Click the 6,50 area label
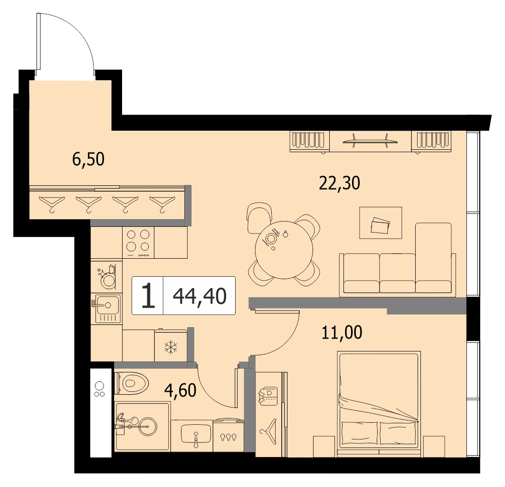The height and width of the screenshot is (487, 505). pos(88,159)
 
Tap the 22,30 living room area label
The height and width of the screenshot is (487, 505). pos(340,183)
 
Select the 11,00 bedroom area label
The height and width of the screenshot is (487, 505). pos(342,332)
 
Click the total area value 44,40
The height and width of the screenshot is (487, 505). pos(200,296)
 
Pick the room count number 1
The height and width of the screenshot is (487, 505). pos(148,295)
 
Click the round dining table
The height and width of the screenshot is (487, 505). pos(284,250)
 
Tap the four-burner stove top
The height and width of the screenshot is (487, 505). pos(138,242)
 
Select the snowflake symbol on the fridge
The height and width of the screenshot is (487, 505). pos(171,347)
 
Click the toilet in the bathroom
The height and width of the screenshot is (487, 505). pos(131,383)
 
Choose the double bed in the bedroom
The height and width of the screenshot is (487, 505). pos(379,404)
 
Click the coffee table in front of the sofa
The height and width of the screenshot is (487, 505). pos(381,223)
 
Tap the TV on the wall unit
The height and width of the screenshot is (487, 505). pos(370,141)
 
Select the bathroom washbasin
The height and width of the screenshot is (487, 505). pos(196,434)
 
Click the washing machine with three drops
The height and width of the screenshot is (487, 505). pos(229,435)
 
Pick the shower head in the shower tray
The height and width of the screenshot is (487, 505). pos(123,418)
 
